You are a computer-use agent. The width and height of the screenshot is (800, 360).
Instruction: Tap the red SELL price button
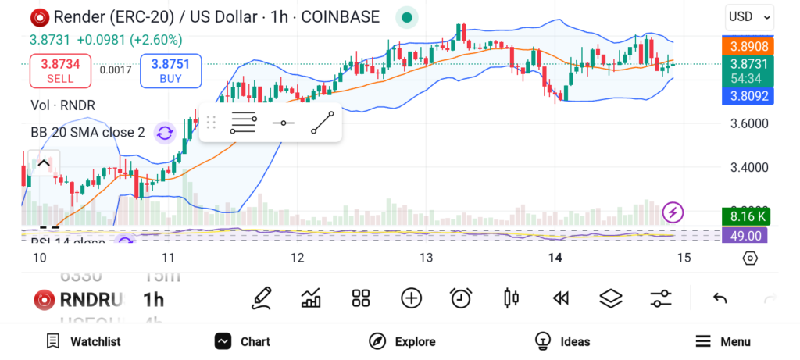pyautogui.click(x=60, y=71)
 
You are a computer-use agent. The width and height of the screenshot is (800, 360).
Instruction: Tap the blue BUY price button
pyautogui.click(x=171, y=71)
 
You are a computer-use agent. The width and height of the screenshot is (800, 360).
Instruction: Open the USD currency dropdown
pyautogui.click(x=749, y=16)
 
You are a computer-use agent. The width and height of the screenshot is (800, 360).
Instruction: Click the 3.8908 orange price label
pyautogui.click(x=748, y=47)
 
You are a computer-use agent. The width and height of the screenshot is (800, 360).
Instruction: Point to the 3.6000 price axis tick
pyautogui.click(x=749, y=123)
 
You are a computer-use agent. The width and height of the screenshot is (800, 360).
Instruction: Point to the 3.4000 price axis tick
pyautogui.click(x=749, y=167)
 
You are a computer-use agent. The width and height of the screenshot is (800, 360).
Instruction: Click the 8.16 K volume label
pyautogui.click(x=747, y=216)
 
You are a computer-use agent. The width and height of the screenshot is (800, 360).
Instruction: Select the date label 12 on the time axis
pyautogui.click(x=297, y=258)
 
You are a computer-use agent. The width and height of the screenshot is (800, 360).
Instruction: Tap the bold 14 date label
pyautogui.click(x=555, y=258)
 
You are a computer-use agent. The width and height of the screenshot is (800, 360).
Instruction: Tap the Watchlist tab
pyautogui.click(x=84, y=341)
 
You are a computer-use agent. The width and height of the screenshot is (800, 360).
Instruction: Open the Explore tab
pyautogui.click(x=402, y=341)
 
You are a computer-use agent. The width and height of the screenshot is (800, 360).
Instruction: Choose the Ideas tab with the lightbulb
pyautogui.click(x=562, y=341)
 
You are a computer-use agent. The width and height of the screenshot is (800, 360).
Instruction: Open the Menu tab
pyautogui.click(x=723, y=341)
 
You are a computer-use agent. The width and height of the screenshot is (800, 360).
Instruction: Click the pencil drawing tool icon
pyautogui.click(x=262, y=298)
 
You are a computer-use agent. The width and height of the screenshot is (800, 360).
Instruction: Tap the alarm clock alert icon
pyautogui.click(x=461, y=298)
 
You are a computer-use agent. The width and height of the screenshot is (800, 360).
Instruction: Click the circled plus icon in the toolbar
pyautogui.click(x=411, y=298)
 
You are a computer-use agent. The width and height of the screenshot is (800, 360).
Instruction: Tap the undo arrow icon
pyautogui.click(x=720, y=298)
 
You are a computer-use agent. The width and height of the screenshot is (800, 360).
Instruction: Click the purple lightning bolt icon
pyautogui.click(x=673, y=212)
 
